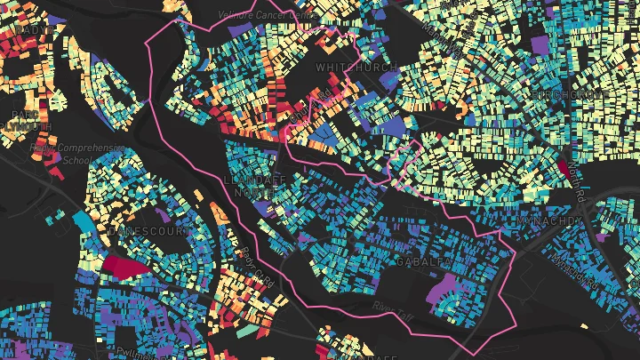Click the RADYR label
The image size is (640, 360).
click(27, 29)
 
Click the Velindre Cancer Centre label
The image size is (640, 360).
click(268, 13)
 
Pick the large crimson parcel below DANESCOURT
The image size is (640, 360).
click(126, 265)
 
